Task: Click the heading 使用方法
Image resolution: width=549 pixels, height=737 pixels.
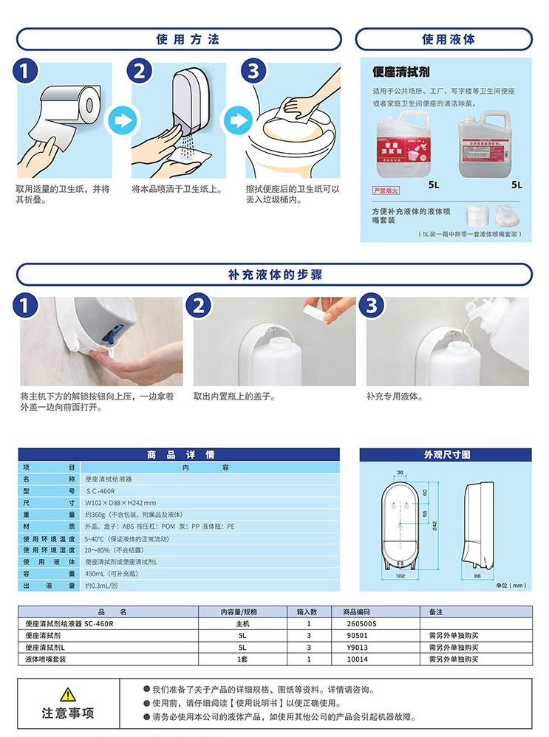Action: pos(178,39)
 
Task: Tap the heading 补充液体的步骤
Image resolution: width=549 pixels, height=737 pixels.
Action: pos(275,275)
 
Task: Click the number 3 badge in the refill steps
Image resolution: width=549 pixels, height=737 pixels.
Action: pos(372,305)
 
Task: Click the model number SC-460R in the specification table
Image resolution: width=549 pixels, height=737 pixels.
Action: pos(103,490)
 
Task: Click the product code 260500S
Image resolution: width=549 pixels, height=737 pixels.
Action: pos(360,623)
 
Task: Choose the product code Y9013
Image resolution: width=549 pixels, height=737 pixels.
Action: pos(358,647)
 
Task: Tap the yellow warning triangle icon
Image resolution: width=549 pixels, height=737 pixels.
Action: pos(67,694)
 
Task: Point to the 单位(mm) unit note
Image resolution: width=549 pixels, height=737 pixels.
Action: pos(511,585)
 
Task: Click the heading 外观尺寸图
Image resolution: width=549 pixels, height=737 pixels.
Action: pos(446,455)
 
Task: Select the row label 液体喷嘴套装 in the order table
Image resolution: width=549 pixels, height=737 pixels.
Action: pos(46,659)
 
